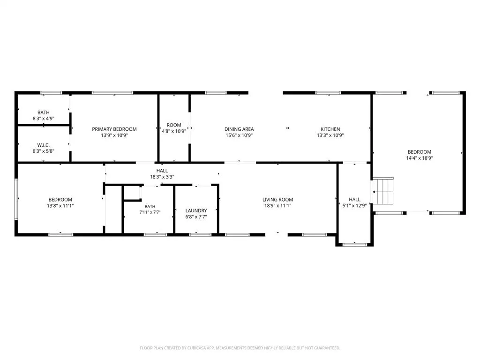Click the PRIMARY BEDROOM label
point(114,129)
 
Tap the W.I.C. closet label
point(44,145)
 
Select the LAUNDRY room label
point(196,210)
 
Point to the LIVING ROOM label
point(277,200)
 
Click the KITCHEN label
point(330,129)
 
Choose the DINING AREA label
point(239,129)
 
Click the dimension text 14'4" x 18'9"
point(420,158)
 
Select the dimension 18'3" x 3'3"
point(162,177)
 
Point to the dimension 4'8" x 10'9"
point(174,131)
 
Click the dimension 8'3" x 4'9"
point(44,119)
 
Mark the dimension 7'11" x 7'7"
point(150,212)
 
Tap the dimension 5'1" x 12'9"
point(354,206)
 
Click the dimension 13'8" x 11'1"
point(60,206)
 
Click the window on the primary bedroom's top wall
point(112,93)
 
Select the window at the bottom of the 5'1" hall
point(354,245)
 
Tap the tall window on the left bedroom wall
point(16,199)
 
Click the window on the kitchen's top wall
point(328,93)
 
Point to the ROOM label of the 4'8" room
point(174,125)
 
